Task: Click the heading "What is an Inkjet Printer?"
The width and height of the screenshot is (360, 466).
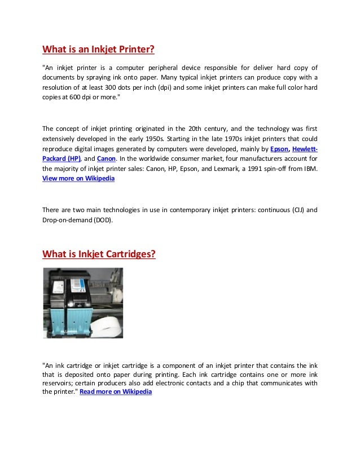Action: click(x=99, y=49)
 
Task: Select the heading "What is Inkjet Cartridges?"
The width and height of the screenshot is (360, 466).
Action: click(x=99, y=254)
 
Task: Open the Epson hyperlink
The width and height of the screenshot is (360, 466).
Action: click(x=279, y=149)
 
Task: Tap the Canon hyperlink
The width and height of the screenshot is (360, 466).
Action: click(x=106, y=159)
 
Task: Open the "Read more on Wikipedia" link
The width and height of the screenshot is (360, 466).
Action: click(x=116, y=392)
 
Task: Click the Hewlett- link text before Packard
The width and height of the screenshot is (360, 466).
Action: click(x=305, y=149)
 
